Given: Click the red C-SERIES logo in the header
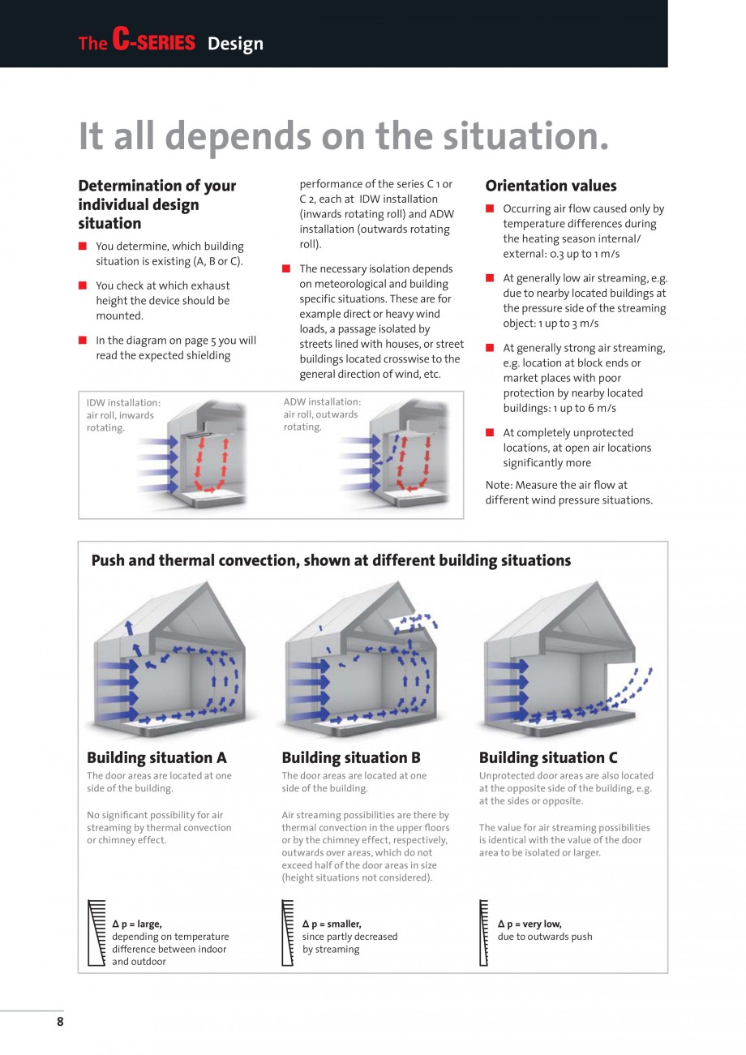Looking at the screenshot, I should tap(154, 42).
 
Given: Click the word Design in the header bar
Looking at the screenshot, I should tap(235, 44).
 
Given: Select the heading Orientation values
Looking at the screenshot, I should tap(551, 186).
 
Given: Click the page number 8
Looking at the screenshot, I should tap(60, 1022).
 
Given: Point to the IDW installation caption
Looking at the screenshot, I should tap(123, 402).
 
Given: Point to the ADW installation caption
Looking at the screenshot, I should tap(322, 401).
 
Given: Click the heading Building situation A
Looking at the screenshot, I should tap(156, 757).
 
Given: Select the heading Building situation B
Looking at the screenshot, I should tap(351, 757).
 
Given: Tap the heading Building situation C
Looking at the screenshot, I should tap(548, 757).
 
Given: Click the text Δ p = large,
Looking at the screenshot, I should tap(137, 924).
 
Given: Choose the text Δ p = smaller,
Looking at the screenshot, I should tap(332, 924).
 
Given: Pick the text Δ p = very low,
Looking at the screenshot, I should tap(529, 924).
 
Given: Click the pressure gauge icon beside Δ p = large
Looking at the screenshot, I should tap(96, 933).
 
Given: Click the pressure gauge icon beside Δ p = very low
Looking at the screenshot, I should tap(484, 933).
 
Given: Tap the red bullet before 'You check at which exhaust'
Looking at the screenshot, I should tap(83, 285).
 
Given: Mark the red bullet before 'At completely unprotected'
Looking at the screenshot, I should tap(490, 432).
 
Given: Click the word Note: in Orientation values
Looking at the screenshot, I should tap(499, 485).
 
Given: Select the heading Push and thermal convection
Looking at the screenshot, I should tap(331, 560).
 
